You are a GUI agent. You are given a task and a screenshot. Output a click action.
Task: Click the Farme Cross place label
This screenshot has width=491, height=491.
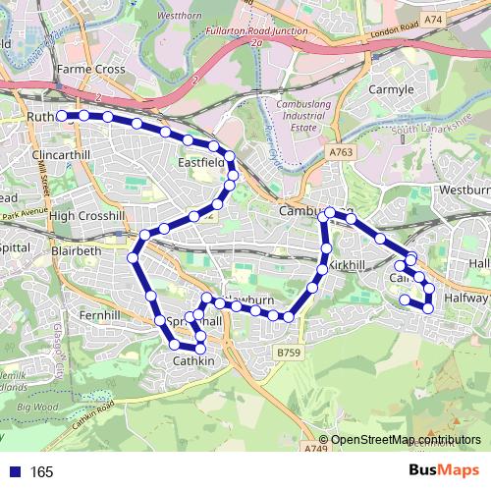click(x=91, y=70)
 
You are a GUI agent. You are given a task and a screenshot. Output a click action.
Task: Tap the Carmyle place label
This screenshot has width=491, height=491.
click(x=389, y=88)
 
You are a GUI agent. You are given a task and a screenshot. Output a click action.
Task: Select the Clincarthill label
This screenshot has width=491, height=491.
click(x=61, y=155)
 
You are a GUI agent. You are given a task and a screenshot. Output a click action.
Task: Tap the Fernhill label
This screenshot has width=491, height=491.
click(x=99, y=315)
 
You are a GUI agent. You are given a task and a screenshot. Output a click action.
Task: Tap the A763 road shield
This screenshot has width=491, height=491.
click(x=341, y=152)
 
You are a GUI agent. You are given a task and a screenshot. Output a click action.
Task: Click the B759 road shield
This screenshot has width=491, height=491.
click(x=287, y=352)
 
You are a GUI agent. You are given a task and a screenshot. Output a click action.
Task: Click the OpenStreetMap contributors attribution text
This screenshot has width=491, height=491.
click(x=406, y=439)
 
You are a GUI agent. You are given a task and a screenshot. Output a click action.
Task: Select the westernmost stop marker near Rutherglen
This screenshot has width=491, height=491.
click(x=61, y=116)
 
